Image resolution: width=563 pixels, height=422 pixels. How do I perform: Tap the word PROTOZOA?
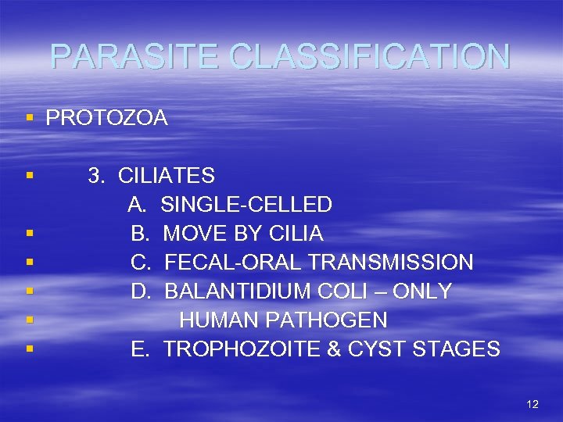point(106,118)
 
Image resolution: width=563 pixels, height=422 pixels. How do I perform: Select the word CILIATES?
point(167,176)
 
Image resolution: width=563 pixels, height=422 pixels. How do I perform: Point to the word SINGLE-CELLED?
point(246,205)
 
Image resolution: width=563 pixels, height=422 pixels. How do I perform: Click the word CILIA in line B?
point(296,234)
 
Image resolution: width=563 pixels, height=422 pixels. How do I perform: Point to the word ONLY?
point(421,291)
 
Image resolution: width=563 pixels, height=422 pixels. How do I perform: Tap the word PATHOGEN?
point(325,320)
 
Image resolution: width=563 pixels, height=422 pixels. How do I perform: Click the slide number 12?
point(533,404)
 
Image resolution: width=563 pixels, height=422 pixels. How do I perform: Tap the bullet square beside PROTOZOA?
point(29,118)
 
